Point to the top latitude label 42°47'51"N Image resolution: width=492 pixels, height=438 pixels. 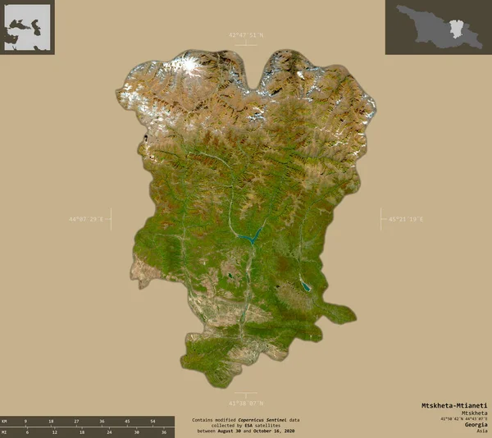coord(247,34)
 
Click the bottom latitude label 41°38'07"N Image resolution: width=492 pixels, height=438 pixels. coord(247,403)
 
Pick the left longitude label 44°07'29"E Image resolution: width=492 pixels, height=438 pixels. coord(88,219)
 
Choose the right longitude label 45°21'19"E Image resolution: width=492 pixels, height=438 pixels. coord(405,219)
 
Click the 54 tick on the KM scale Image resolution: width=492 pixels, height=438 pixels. coord(153,421)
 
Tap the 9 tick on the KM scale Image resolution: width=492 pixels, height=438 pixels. coord(25,421)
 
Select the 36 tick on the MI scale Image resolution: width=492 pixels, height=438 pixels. coord(165,431)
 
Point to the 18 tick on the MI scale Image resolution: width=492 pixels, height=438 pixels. coord(81,431)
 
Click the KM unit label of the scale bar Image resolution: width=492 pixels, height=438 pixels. coord(5,421)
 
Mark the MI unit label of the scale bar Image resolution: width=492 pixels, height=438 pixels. coord(5,431)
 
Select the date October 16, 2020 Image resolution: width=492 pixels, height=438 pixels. coord(275,431)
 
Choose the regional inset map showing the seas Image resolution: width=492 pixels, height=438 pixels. coord(28,27)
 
